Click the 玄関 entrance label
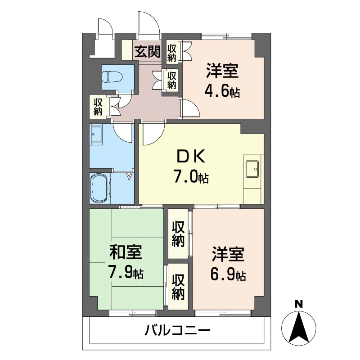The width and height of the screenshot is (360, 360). click(148, 52)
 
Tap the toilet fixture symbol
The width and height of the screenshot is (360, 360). click(112, 76)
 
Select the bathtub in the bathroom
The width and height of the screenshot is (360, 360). click(99, 188)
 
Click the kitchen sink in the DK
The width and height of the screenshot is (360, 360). click(252, 169)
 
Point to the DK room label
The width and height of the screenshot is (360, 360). click(190, 157)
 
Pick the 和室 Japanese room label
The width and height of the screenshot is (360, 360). click(126, 252)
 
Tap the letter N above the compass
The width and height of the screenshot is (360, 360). click(299, 304)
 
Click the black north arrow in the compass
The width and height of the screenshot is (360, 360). click(299, 327)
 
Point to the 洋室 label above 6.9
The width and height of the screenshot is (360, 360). click(228, 254)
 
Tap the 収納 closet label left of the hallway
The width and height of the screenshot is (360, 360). click(98, 107)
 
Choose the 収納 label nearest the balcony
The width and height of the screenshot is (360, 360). click(178, 287)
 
